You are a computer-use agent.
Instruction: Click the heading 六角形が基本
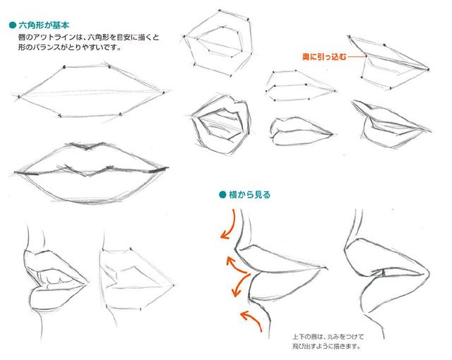(44, 25)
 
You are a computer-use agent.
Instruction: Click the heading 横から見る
(249, 195)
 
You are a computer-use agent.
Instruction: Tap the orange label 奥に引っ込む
(324, 56)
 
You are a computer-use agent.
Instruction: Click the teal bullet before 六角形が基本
(13, 25)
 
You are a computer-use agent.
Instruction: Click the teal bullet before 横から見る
(222, 195)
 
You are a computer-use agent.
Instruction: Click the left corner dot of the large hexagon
(19, 97)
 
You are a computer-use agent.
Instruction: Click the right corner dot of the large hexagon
(164, 92)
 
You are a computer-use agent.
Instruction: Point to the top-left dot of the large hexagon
(64, 67)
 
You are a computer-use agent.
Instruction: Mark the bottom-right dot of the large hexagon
(120, 115)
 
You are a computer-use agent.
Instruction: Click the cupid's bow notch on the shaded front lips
(86, 149)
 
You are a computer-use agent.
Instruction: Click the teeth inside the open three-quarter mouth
(55, 279)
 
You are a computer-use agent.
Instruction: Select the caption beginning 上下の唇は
(328, 341)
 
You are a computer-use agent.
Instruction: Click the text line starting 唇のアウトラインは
(88, 37)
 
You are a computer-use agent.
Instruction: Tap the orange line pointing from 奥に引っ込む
(357, 56)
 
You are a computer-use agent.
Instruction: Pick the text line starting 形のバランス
(69, 47)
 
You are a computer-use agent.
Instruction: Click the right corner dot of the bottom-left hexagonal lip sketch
(174, 285)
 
